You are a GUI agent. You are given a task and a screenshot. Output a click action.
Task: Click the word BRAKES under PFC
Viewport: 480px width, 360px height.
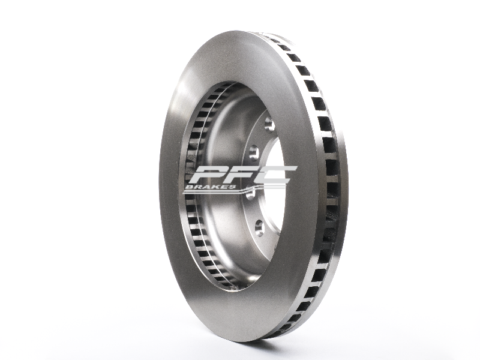pyautogui.click(x=211, y=187)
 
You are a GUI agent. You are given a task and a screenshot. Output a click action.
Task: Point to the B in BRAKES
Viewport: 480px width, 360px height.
pyautogui.click(x=189, y=187)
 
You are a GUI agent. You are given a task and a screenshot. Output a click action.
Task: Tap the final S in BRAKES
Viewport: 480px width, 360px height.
pyautogui.click(x=232, y=187)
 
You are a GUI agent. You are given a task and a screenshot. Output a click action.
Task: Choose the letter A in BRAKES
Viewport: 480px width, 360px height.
pyautogui.click(x=206, y=187)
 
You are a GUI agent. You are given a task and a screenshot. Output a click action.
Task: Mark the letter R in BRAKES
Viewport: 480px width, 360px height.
pyautogui.click(x=198, y=187)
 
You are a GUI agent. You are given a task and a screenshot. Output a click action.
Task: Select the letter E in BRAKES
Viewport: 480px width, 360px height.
pyautogui.click(x=224, y=187)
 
